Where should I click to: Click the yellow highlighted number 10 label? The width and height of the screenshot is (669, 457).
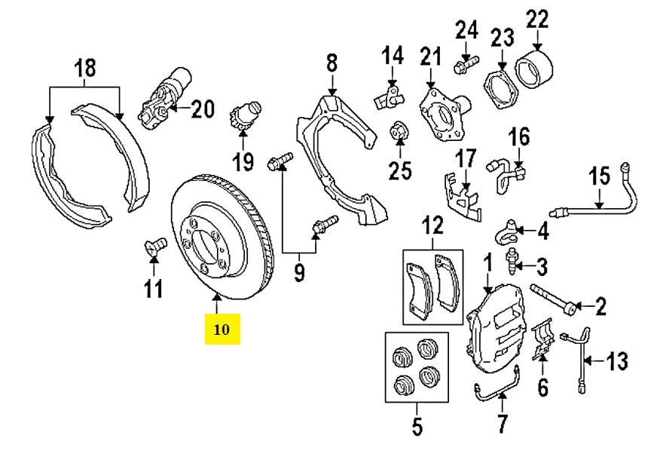point(222,330)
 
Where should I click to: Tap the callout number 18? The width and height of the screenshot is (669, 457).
point(84,69)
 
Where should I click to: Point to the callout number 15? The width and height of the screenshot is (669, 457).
point(598,179)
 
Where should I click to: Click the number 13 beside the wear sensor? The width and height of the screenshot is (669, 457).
point(616,363)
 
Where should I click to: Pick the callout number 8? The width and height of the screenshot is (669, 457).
point(331,63)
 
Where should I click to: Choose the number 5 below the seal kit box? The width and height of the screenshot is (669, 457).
point(417,426)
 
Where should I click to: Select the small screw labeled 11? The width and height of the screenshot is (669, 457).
point(154,246)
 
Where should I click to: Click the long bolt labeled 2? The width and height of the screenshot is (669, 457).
point(554,298)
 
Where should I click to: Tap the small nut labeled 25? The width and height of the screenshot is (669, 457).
point(399,133)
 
